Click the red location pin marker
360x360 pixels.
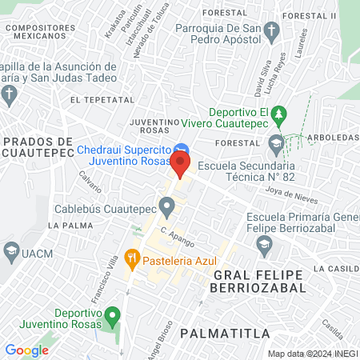[181, 166]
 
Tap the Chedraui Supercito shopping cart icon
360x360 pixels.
[182, 150]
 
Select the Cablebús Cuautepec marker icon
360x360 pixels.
[167, 209]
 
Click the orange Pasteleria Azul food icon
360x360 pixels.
[133, 259]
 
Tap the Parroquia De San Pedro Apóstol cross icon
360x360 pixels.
[272, 33]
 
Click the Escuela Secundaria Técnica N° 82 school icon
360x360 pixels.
[277, 146]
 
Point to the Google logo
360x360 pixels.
[27, 350]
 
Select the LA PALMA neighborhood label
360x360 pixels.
[68, 226]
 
